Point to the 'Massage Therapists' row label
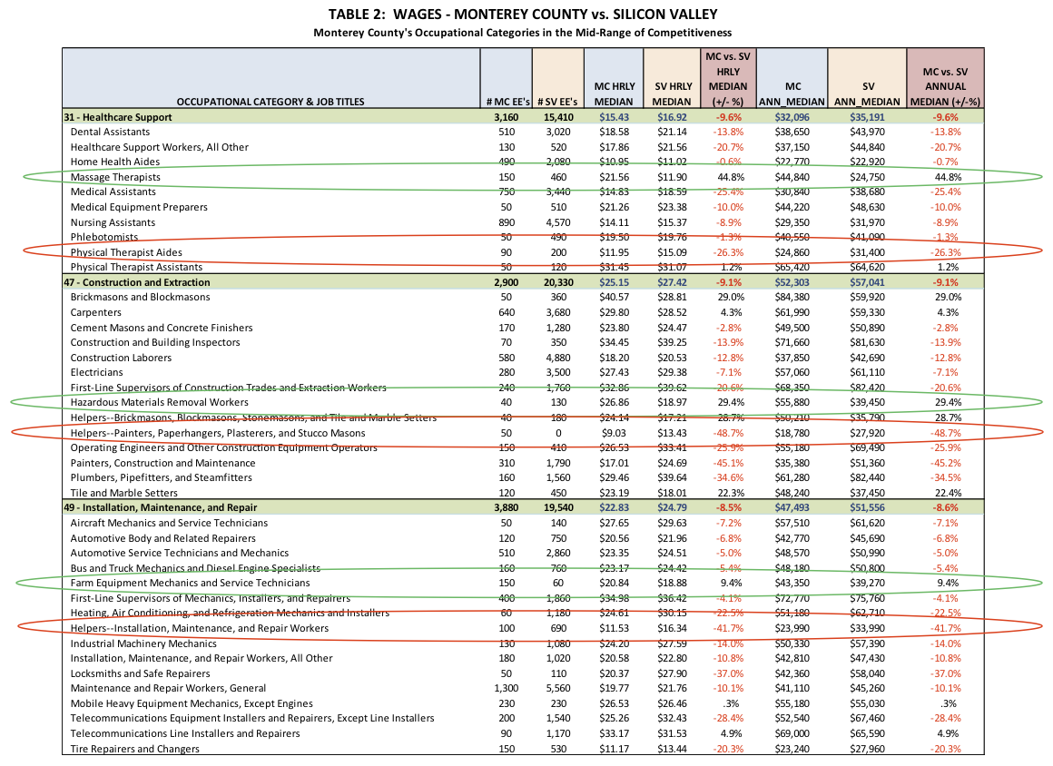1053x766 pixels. click(115, 177)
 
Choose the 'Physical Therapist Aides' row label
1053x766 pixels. click(126, 252)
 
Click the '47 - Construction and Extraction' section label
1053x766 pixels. click(137, 282)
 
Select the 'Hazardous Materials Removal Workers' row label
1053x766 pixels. click(159, 402)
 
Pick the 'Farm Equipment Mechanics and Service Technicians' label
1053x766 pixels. click(190, 583)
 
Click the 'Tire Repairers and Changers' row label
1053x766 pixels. click(134, 749)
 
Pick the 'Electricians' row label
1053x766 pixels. click(96, 372)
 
